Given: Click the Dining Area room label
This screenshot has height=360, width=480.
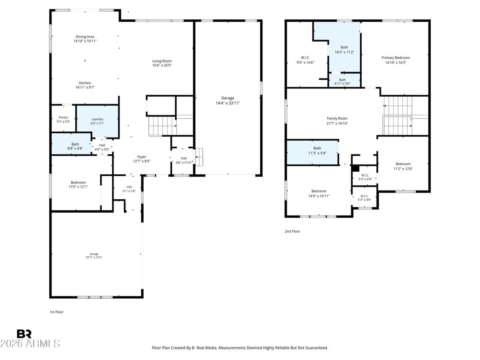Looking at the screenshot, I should tap(85, 37).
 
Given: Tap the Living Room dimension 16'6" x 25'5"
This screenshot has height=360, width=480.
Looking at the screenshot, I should tap(162, 65).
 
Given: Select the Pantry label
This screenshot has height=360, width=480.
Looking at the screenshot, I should tap(63, 117).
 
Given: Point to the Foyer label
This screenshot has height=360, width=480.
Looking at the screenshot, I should tap(142, 157).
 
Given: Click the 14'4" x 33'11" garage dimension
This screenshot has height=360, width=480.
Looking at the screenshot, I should tap(228, 103).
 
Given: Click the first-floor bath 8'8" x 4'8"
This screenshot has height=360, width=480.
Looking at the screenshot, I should tap(75, 146).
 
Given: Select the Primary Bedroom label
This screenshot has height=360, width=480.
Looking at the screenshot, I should tap(395, 58).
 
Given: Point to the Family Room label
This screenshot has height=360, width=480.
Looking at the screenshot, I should tap(337, 118).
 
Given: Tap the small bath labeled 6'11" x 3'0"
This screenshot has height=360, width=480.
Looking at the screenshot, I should tap(342, 82).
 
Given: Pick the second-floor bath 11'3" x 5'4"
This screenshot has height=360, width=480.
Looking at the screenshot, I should tap(317, 150).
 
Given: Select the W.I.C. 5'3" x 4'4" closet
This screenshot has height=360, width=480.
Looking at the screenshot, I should tap(364, 177).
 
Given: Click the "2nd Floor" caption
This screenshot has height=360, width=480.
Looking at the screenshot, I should tap(292, 231).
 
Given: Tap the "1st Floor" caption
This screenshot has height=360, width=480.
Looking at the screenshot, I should tap(56, 312).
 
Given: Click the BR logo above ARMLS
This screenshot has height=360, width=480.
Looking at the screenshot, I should tap(24, 334).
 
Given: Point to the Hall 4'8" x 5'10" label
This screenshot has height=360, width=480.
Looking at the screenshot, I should tap(183, 160).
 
